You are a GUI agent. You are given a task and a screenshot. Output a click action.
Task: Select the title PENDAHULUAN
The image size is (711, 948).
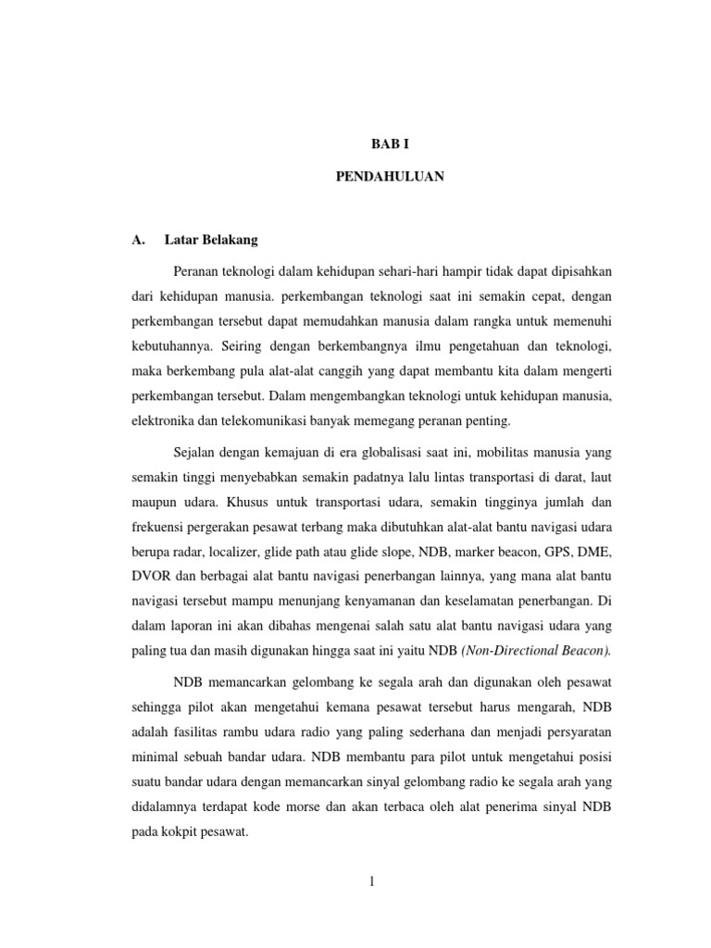[x=389, y=176]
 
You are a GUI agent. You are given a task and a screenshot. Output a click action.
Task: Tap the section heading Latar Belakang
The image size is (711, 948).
[x=211, y=240]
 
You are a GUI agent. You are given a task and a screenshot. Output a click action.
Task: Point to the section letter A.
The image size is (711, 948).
[x=137, y=240]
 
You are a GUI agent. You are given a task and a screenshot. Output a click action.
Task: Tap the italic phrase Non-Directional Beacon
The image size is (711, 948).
[x=537, y=649]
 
